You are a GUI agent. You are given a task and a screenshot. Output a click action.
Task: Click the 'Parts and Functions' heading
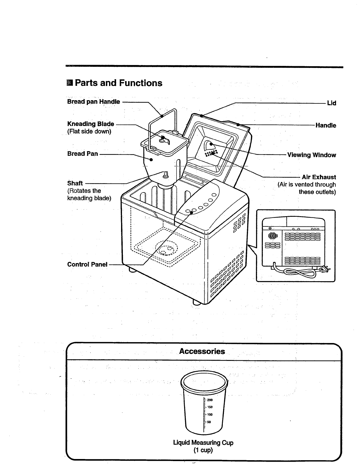tap(118, 83)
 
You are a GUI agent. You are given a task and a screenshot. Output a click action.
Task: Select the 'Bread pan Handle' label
tap(94, 102)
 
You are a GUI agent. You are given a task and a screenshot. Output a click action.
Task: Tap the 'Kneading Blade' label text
tap(91, 124)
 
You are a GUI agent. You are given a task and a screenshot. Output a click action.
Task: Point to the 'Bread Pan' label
tap(82, 154)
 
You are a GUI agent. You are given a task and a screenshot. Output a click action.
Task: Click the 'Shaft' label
tap(75, 183)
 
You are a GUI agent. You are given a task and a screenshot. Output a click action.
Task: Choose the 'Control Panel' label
tap(87, 264)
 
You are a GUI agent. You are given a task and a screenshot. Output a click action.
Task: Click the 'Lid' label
tap(331, 103)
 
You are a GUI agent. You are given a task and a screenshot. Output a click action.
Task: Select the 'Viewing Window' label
tap(311, 155)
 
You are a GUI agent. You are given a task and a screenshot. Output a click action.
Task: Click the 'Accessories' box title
tap(202, 351)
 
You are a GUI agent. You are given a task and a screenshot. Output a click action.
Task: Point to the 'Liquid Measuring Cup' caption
tap(203, 443)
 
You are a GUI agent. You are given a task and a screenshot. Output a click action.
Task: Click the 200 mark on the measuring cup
tap(210, 400)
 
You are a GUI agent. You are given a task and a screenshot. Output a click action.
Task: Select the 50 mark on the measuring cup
tap(209, 422)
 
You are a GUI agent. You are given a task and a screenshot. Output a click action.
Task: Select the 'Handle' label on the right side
tap(326, 125)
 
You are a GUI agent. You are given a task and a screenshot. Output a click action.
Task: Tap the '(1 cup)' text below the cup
tap(203, 450)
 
